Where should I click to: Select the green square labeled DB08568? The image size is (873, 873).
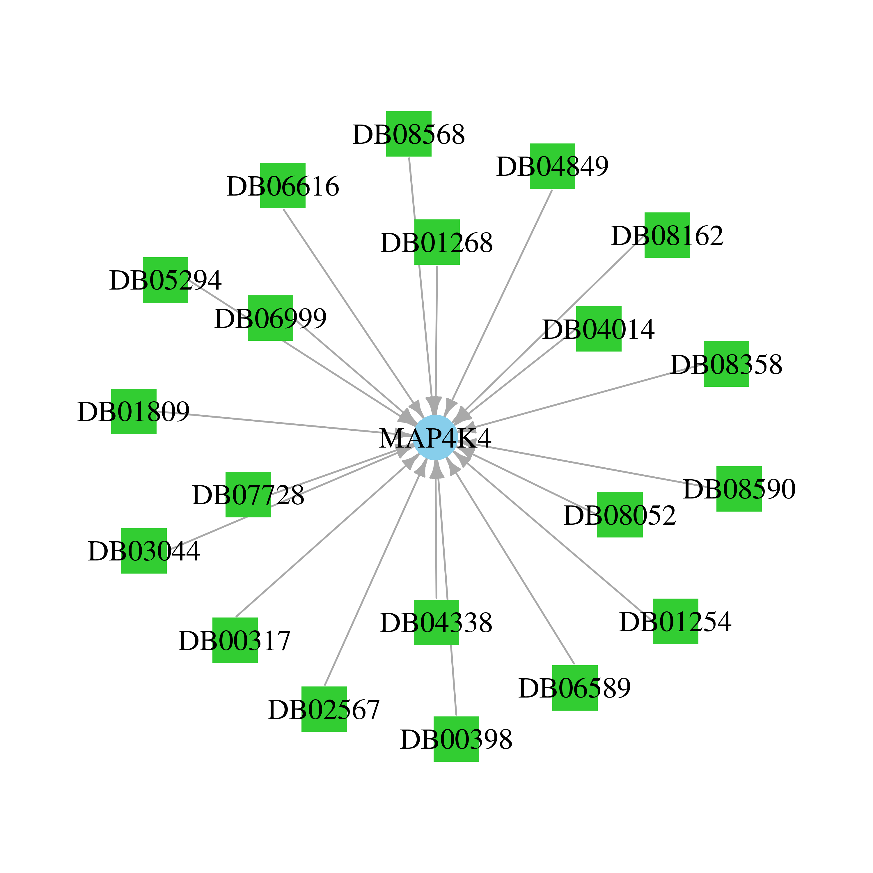(x=409, y=134)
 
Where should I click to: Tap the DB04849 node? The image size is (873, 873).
(x=552, y=166)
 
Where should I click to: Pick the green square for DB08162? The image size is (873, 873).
(x=667, y=235)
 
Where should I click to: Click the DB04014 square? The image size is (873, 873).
(x=599, y=329)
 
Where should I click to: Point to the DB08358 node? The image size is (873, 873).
(x=726, y=364)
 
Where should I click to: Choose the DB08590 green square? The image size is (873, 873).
(x=739, y=489)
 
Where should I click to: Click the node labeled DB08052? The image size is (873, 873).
(x=620, y=515)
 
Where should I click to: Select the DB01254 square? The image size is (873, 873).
(x=675, y=621)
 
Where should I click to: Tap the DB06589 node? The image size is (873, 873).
(x=575, y=688)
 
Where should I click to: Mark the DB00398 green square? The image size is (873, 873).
(x=456, y=739)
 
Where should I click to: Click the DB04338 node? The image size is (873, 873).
(x=436, y=622)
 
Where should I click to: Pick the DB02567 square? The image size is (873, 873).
(x=324, y=709)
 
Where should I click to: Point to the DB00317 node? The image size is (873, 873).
(x=235, y=640)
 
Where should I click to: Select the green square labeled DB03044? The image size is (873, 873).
(x=144, y=551)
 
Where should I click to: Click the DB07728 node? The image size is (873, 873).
(x=248, y=495)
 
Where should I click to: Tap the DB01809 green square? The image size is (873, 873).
(x=134, y=411)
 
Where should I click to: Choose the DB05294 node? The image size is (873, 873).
(x=165, y=280)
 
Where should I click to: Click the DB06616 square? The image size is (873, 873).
(x=283, y=185)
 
